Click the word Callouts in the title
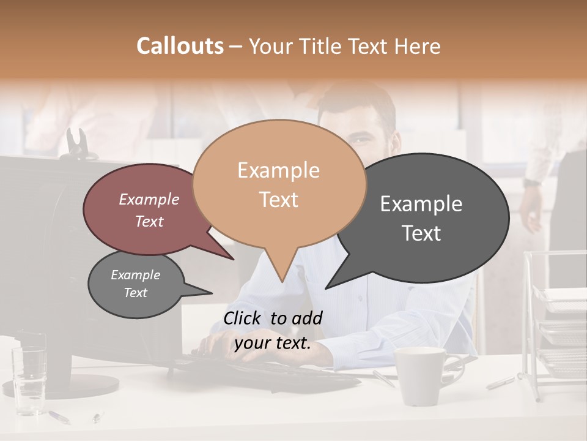tap(180, 46)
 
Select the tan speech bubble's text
tap(278, 184)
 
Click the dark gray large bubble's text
tap(421, 218)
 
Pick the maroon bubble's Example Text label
tap(149, 210)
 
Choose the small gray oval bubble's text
tap(135, 284)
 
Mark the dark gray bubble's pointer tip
tap(326, 288)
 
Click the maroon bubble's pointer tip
tap(234, 260)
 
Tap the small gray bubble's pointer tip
tap(212, 293)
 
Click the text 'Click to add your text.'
tap(273, 330)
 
